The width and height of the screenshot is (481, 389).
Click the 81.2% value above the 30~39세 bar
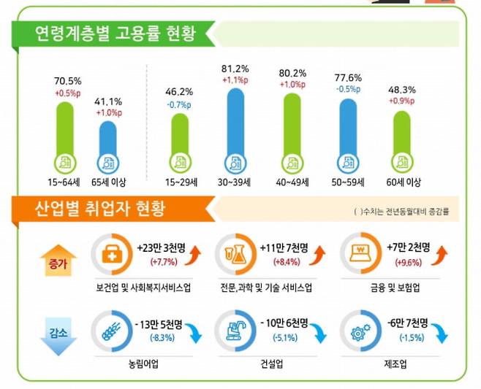pos(235,69)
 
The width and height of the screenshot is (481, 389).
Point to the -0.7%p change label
pos(180,104)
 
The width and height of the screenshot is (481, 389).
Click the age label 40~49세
pos(292,180)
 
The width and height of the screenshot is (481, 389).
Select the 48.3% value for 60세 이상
pos(403,88)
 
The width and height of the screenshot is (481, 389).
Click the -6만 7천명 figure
pos(410,323)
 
